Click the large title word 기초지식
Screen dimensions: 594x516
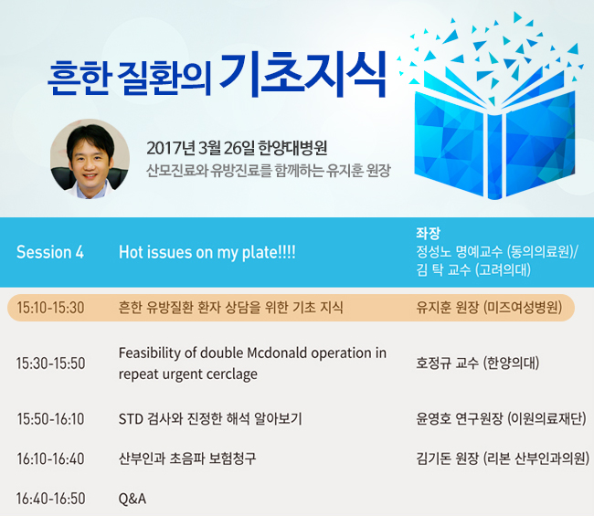pyautogui.click(x=303, y=74)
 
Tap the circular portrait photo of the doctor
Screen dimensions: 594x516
pyautogui.click(x=90, y=159)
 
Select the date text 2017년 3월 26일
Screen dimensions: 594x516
pyautogui.click(x=200, y=148)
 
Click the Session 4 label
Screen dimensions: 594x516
pyautogui.click(x=50, y=252)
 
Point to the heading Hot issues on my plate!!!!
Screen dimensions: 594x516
pyautogui.click(x=207, y=252)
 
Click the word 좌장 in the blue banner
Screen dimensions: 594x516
pyautogui.click(x=428, y=233)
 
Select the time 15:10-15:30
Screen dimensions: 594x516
pyautogui.click(x=50, y=308)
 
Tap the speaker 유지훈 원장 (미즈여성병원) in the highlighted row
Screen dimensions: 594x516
pyautogui.click(x=489, y=307)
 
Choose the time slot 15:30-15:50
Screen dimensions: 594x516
pyautogui.click(x=50, y=363)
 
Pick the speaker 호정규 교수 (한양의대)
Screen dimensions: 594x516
pyautogui.click(x=477, y=363)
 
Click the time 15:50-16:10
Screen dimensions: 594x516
pyautogui.click(x=50, y=418)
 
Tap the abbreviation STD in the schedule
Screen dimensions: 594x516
pyautogui.click(x=131, y=419)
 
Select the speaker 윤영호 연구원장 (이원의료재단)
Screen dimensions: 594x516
pyautogui.click(x=501, y=418)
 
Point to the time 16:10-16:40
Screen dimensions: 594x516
pyautogui.click(x=50, y=458)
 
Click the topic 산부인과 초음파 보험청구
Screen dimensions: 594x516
pyautogui.click(x=187, y=458)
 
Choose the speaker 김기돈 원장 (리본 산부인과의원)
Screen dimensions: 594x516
pyautogui.click(x=503, y=458)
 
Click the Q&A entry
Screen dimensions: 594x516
pyautogui.click(x=133, y=499)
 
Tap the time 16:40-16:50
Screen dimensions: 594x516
pyautogui.click(x=50, y=499)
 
